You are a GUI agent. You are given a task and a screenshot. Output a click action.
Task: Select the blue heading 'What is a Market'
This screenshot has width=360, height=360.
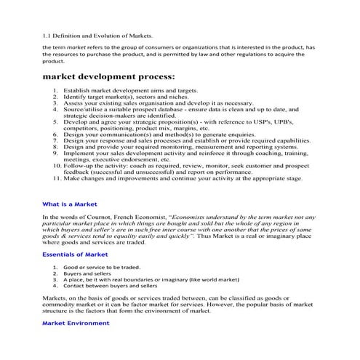coord(70,204)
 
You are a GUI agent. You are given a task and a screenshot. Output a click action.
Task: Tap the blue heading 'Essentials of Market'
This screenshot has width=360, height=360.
coord(74,255)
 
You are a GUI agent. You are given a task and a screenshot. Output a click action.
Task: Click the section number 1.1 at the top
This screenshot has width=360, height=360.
coord(48,35)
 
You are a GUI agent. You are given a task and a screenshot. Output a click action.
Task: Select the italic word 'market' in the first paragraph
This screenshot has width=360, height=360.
coord(67,48)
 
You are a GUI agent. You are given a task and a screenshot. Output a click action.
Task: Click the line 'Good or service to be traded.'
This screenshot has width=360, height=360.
coord(102,267)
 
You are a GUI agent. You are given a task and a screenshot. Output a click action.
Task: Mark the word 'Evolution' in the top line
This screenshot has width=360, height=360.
coord(116,35)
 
